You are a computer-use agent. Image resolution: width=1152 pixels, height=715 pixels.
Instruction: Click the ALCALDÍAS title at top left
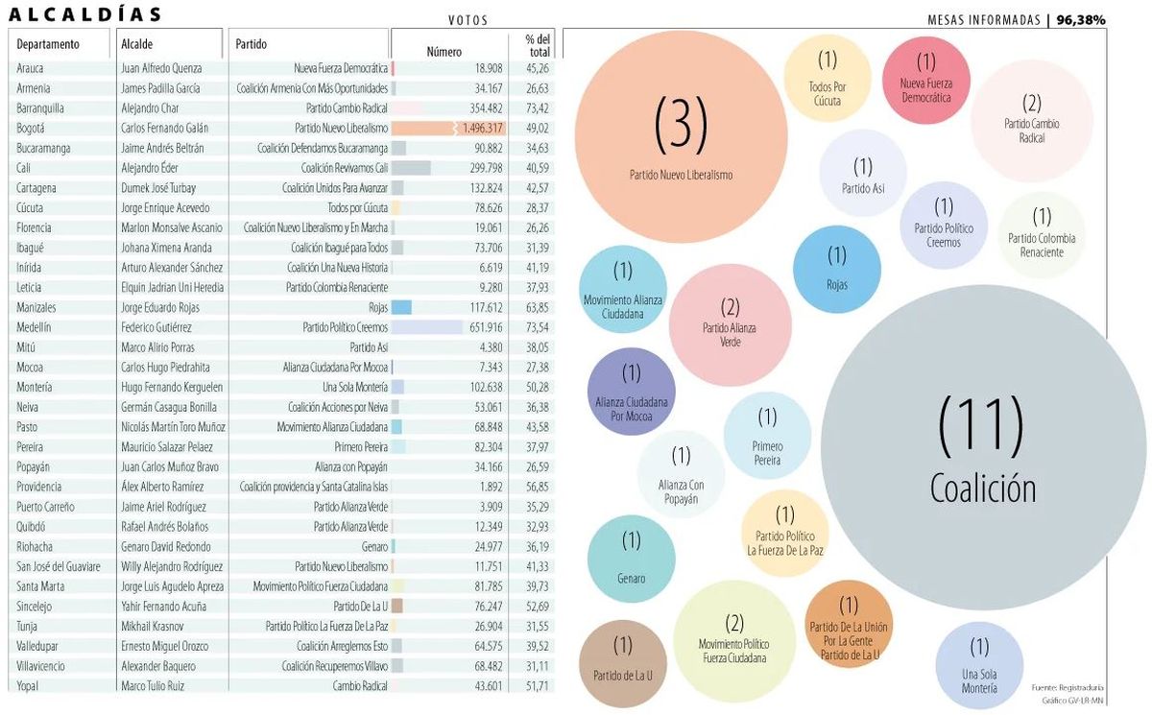85,13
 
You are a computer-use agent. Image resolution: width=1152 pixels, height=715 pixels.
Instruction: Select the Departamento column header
48,44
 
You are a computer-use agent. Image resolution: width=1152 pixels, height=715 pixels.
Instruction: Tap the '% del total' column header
537,44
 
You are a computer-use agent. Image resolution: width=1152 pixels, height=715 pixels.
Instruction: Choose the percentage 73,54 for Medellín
537,327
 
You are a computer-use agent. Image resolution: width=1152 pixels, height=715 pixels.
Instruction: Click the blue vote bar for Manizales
401,307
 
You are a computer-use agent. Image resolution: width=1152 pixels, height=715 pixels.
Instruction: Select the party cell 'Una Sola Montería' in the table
355,387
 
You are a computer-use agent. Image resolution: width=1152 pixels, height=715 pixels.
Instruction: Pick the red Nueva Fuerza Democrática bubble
925,81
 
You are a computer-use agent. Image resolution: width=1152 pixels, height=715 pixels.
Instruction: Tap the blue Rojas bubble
837,268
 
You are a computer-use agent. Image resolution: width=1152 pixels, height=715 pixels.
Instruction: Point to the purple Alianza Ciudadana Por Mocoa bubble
631,392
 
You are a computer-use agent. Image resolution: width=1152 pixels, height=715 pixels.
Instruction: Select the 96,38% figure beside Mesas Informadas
1081,19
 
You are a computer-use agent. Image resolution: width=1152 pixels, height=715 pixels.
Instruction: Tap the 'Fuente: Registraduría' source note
1068,687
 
